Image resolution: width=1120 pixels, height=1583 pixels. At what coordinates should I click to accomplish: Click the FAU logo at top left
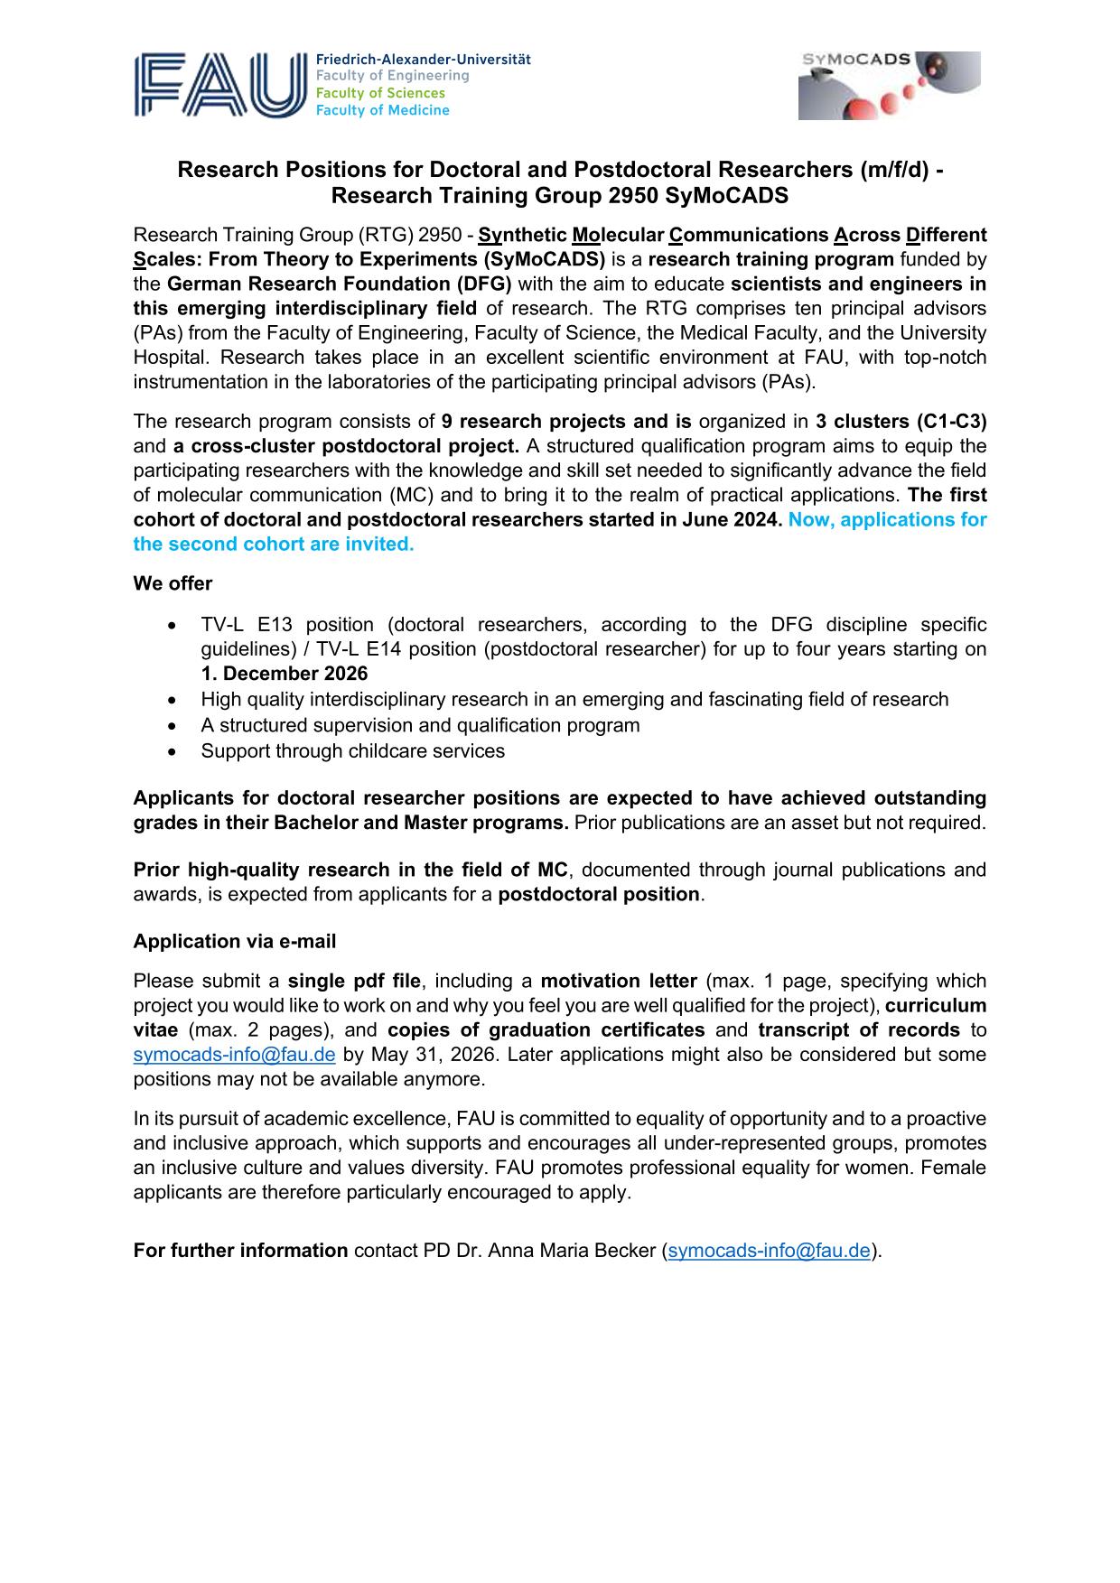pyautogui.click(x=220, y=85)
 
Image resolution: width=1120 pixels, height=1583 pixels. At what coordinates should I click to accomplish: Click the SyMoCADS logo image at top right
pyautogui.click(x=889, y=86)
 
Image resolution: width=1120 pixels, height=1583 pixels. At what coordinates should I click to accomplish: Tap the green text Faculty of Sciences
pyautogui.click(x=380, y=93)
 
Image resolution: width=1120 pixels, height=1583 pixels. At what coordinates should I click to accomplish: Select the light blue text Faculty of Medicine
pyautogui.click(x=382, y=110)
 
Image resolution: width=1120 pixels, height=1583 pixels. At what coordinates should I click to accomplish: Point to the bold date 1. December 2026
pyautogui.click(x=285, y=674)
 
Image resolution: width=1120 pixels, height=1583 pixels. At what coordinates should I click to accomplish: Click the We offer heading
pyautogui.click(x=173, y=583)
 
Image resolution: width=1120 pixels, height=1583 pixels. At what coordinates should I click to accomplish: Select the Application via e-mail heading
pyautogui.click(x=235, y=941)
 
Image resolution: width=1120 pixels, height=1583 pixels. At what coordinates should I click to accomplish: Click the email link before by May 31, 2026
pyautogui.click(x=235, y=1055)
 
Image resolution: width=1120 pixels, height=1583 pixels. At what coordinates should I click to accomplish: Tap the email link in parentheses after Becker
pyautogui.click(x=769, y=1251)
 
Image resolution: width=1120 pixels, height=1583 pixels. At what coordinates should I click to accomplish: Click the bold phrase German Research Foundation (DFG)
pyautogui.click(x=340, y=284)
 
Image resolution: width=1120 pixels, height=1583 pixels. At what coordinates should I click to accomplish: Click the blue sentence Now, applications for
pyautogui.click(x=887, y=519)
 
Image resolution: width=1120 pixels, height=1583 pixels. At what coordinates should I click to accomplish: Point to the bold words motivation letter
pyautogui.click(x=619, y=981)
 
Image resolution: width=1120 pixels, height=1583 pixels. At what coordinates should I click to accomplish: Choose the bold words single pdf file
pyautogui.click(x=354, y=981)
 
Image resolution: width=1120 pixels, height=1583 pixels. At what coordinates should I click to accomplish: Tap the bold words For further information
pyautogui.click(x=240, y=1251)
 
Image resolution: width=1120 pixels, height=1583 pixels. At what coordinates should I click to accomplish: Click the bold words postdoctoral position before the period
pyautogui.click(x=599, y=894)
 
